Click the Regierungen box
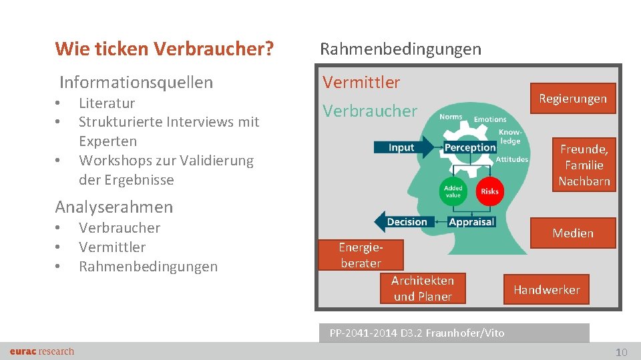click(573, 99)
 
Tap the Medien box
click(572, 233)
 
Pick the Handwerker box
click(546, 289)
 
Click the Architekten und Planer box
click(422, 289)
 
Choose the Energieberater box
click(361, 255)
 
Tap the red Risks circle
click(489, 191)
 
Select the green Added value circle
click(453, 191)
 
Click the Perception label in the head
click(470, 147)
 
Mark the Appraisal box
click(471, 221)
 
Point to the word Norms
click(451, 117)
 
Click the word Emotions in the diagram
click(489, 119)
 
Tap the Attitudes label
click(512, 159)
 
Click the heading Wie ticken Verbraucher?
click(164, 49)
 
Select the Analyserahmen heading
click(114, 207)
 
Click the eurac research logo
click(42, 351)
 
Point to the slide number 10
click(621, 352)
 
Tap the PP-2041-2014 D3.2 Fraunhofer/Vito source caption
click(417, 333)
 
